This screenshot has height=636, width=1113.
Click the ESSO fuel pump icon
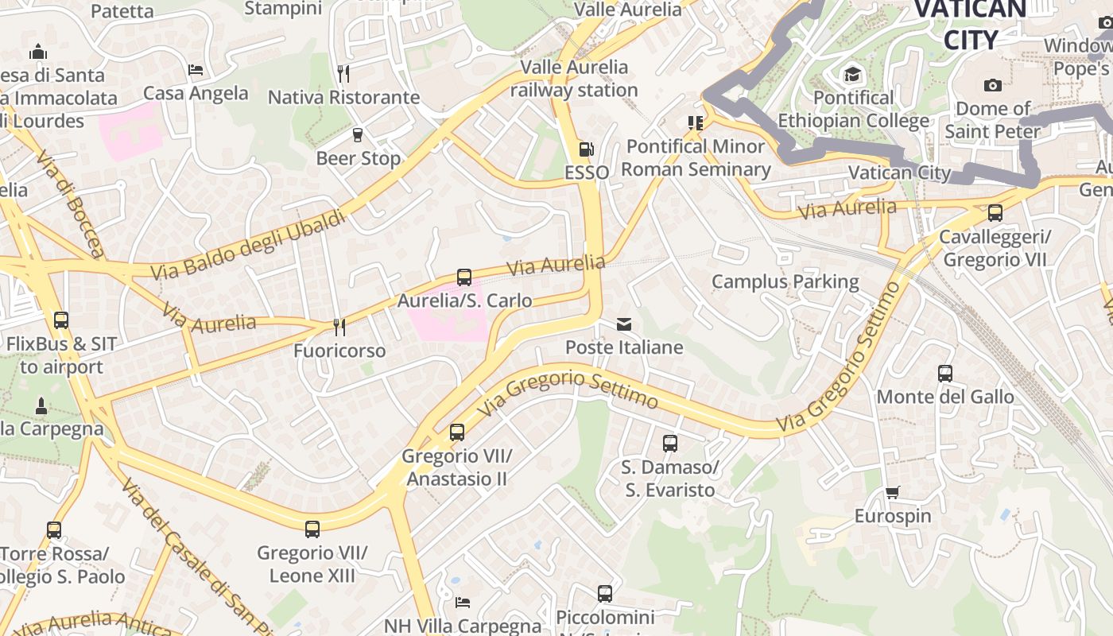coord(586,149)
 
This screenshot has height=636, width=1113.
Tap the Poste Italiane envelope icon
coord(624,324)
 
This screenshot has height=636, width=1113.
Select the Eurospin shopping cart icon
coord(892,493)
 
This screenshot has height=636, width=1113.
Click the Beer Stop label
coord(359,158)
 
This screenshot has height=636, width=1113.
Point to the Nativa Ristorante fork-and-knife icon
coord(343,74)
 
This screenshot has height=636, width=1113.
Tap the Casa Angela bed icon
coord(196,70)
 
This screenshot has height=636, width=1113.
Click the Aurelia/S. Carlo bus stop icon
coord(464,277)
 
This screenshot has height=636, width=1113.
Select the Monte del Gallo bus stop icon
coord(944,373)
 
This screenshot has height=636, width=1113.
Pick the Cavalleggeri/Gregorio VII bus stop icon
coord(995,213)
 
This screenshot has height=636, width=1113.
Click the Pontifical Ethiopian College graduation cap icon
coord(852,75)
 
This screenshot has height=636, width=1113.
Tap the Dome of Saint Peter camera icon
coord(992,85)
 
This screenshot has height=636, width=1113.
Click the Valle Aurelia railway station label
coord(574,79)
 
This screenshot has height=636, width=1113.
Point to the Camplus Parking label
coord(785,281)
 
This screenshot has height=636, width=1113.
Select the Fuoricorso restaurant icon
coord(339,327)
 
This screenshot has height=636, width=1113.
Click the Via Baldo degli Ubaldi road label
coord(248,245)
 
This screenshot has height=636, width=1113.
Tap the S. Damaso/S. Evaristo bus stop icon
coord(670,444)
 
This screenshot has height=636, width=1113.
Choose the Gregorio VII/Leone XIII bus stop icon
coord(312,529)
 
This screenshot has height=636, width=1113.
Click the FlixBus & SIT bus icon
coord(61,320)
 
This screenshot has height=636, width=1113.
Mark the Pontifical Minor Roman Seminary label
coord(696,157)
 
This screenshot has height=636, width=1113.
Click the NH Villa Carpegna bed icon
coord(463,602)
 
